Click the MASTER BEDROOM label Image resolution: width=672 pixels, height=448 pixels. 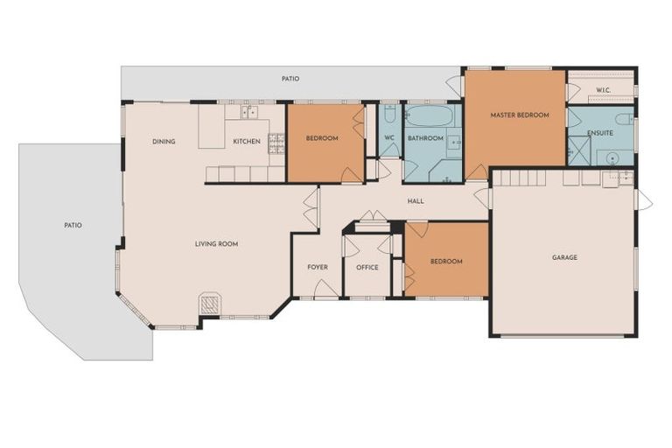(519, 115)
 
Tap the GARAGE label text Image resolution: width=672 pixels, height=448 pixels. (564, 257)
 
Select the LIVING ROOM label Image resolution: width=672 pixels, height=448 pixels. (216, 243)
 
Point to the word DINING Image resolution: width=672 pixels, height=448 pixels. (164, 142)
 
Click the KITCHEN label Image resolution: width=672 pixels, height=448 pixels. (246, 142)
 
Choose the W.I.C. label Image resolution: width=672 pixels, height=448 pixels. (603, 90)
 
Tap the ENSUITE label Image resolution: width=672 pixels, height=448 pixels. (600, 133)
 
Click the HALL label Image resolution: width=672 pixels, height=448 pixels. (416, 201)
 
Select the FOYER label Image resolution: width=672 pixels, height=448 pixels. (317, 267)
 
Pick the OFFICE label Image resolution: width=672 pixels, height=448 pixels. (367, 267)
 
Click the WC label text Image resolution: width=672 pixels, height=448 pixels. (389, 138)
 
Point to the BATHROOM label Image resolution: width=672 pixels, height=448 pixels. (425, 138)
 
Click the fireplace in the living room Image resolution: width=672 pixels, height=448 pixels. (209, 304)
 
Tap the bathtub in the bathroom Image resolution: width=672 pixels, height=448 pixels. (430, 116)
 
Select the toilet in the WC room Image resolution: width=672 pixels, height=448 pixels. (390, 114)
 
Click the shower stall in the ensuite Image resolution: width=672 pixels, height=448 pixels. (578, 150)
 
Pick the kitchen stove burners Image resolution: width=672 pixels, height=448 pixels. (276, 143)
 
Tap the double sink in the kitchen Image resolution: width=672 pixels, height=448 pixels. (248, 112)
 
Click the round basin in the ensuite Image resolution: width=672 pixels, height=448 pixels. (612, 158)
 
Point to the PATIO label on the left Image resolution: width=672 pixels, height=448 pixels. (73, 225)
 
